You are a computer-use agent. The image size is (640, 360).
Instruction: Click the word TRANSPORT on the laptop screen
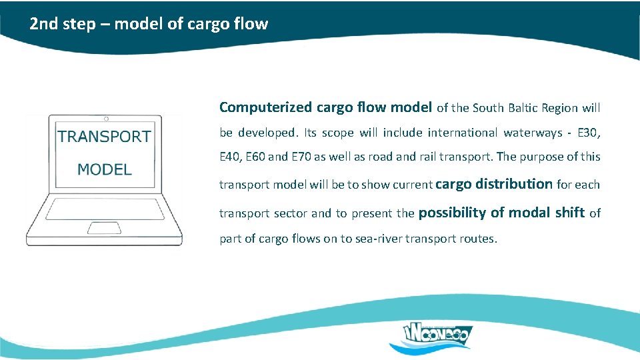pyautogui.click(x=104, y=137)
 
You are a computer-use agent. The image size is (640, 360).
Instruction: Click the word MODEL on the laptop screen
pyautogui.click(x=105, y=169)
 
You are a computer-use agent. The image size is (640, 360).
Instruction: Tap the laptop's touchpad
pyautogui.click(x=105, y=228)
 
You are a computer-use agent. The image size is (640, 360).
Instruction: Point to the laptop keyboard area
pyautogui.click(x=104, y=208)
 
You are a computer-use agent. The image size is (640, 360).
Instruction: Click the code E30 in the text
pyautogui.click(x=589, y=133)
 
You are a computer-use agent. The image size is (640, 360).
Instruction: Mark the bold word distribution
pyautogui.click(x=514, y=183)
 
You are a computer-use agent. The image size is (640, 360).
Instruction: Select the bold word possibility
pyautogui.click(x=452, y=213)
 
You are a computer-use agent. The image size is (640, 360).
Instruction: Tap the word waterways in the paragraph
pyautogui.click(x=533, y=133)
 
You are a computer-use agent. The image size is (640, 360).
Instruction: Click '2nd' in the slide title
pyautogui.click(x=42, y=25)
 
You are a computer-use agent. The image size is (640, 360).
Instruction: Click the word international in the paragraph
pyautogui.click(x=458, y=133)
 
